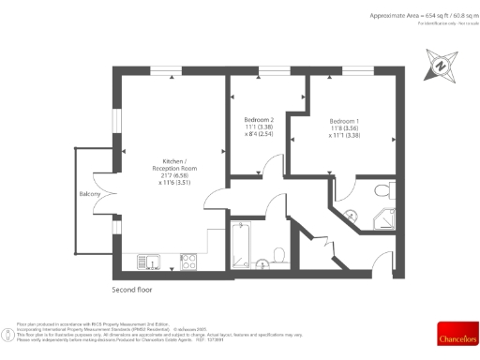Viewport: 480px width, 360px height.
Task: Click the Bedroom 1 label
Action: pyautogui.click(x=344, y=122)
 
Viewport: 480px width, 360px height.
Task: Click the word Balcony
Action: pyautogui.click(x=90, y=195)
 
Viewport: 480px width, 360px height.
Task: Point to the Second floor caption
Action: pyautogui.click(x=132, y=290)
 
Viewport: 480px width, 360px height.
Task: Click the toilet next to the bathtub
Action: pyautogui.click(x=279, y=252)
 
